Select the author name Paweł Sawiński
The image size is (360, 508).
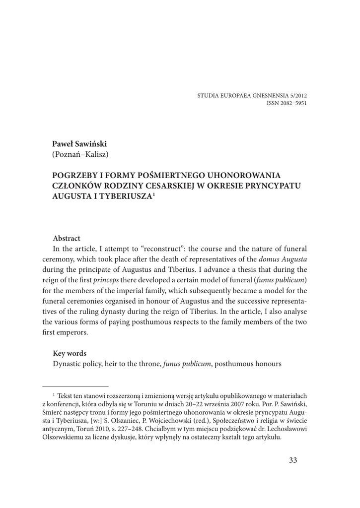79,144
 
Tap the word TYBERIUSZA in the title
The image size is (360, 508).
124,196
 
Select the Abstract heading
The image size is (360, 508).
67,239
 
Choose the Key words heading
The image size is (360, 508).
70,353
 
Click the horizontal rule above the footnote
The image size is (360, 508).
75,385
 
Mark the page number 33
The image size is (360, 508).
292,460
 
